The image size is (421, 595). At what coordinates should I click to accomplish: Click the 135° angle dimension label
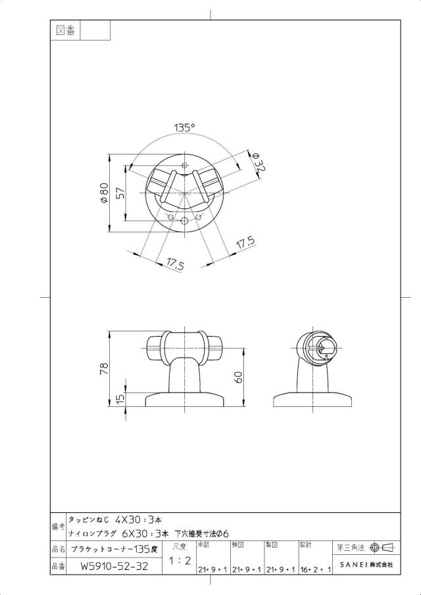point(184,128)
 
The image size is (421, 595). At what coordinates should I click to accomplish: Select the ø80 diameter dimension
point(104,193)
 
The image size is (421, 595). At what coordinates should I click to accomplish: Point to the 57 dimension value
point(120,193)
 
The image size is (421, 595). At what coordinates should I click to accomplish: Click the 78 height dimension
point(104,369)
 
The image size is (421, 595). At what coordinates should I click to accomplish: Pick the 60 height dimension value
point(239,377)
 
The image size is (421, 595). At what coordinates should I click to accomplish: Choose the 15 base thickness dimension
point(120,399)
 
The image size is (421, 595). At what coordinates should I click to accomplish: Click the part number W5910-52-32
point(114,567)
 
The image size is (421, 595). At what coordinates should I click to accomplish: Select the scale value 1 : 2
point(180,561)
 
